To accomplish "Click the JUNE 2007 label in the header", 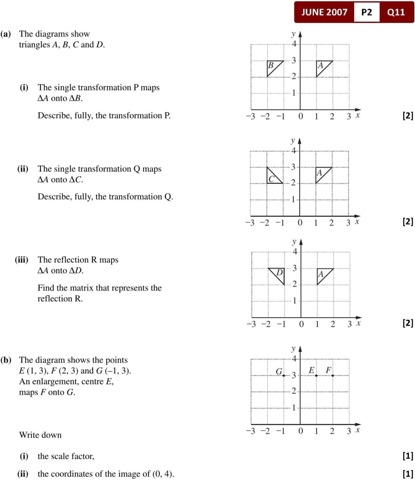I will pyautogui.click(x=324, y=12).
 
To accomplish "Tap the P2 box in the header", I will pyautogui.click(x=366, y=12).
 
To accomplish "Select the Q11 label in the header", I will pyautogui.click(x=396, y=12).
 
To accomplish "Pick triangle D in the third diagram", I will pyautogui.click(x=278, y=274).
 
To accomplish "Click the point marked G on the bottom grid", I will pyautogui.click(x=284, y=375).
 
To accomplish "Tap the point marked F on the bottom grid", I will pyautogui.click(x=332, y=375).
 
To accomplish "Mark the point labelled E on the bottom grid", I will pyautogui.click(x=316, y=375).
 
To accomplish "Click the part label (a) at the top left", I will pyautogui.click(x=6, y=34).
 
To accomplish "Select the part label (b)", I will pyautogui.click(x=6, y=360).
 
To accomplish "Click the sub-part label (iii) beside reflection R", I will pyautogui.click(x=22, y=260).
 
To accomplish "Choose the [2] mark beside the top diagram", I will pyautogui.click(x=408, y=115).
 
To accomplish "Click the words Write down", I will pyautogui.click(x=40, y=435).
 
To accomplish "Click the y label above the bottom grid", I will pyautogui.click(x=293, y=348).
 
